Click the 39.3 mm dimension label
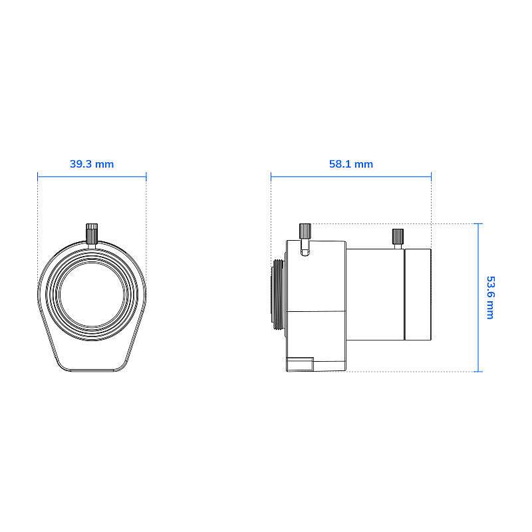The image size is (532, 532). (92, 164)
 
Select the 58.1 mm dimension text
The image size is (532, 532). (351, 164)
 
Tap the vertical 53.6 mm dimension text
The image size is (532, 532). (491, 297)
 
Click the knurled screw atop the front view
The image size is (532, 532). (92, 233)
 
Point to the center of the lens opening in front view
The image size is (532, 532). (92, 294)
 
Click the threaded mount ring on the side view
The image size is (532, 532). (278, 294)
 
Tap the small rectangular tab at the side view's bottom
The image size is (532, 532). (300, 364)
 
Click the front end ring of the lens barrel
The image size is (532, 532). (418, 295)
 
